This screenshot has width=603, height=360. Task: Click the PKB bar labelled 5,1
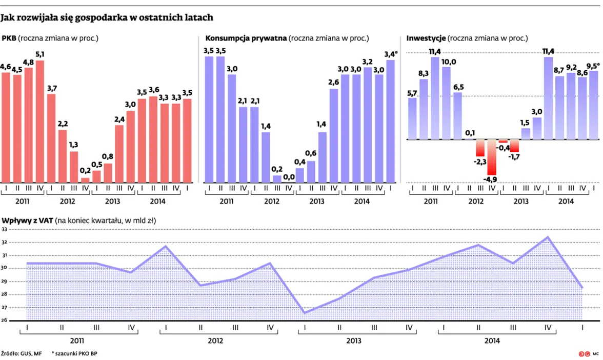tap(40, 122)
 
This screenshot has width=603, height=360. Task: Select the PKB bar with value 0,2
tap(85, 180)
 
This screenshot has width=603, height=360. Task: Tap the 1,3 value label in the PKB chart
tap(74, 144)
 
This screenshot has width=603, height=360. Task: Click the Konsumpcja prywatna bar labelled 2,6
tap(334, 136)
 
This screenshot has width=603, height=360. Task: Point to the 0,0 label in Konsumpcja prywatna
tap(289, 176)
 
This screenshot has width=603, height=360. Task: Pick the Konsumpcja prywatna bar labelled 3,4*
tap(390, 121)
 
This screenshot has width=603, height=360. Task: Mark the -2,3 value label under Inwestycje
tap(480, 162)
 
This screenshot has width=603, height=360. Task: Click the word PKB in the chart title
tap(9, 38)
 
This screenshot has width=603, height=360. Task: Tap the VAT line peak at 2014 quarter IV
tap(548, 237)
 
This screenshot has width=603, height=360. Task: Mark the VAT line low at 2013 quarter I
tap(305, 313)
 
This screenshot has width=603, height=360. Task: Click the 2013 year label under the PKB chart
tap(113, 201)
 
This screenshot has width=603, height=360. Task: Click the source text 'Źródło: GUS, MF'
tap(22, 353)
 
